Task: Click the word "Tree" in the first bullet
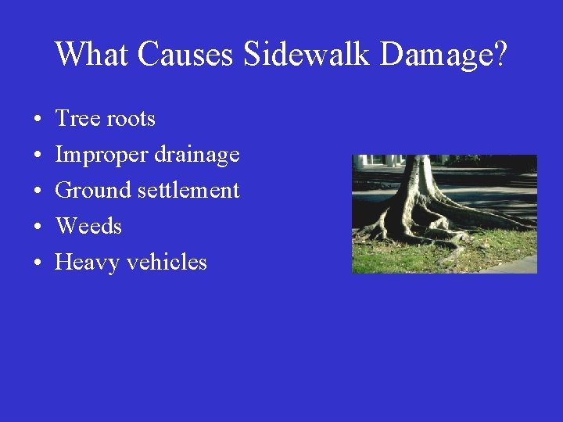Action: (x=77, y=119)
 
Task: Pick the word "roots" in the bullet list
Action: (x=131, y=120)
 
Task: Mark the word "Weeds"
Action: (x=88, y=227)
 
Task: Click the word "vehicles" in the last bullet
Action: (x=167, y=262)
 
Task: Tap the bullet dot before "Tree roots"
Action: (x=38, y=120)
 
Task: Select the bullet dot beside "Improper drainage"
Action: (x=38, y=156)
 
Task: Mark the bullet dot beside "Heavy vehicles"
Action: (x=38, y=263)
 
